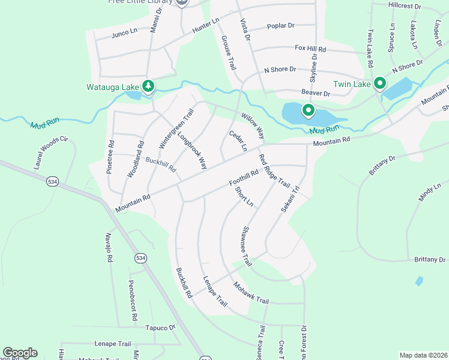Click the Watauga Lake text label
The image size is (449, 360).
113,87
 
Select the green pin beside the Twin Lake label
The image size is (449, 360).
379,83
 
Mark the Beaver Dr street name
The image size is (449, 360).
316,94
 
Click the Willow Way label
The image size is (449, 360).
253,123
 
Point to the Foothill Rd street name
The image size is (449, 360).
243,178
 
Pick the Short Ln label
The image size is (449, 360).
244,197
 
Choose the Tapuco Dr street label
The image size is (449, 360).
160,328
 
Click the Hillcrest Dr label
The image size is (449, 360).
405,5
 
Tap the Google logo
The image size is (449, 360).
20,353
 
